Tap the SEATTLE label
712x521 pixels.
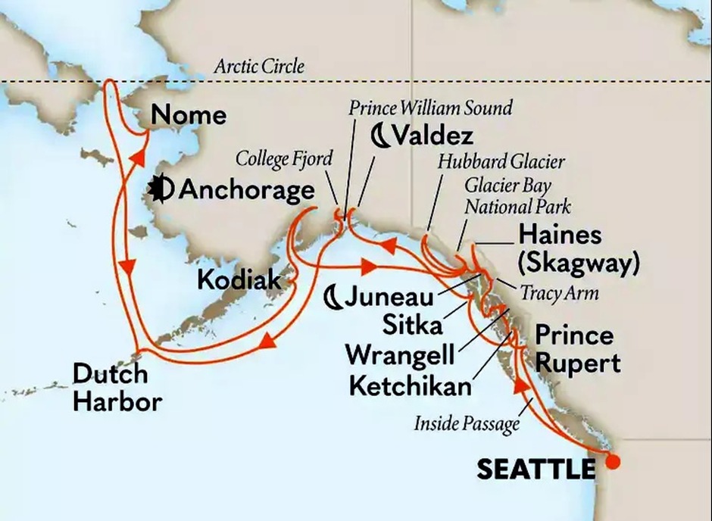536,470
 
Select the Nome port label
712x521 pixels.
189,115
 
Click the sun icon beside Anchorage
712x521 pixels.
161,189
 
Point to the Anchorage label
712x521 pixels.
246,189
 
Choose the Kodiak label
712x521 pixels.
239,279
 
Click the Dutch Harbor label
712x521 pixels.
117,388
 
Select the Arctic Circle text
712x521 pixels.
259,67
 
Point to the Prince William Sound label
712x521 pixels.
430,108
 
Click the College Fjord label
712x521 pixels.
283,158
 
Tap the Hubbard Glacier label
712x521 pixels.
501,161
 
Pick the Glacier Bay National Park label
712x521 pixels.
518,195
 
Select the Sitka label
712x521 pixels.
412,326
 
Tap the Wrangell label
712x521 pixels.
399,354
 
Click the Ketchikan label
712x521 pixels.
410,384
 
